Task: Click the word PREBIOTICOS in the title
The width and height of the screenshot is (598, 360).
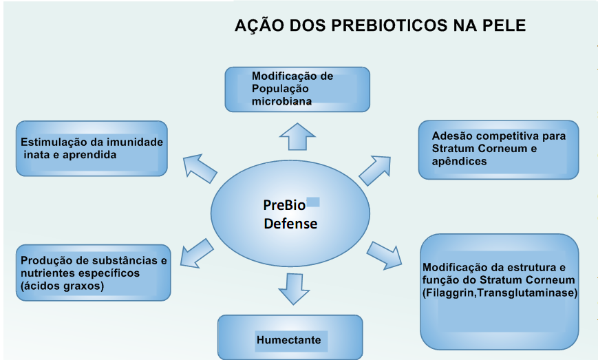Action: (x=389, y=25)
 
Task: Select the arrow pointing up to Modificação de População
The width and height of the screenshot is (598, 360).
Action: (x=297, y=136)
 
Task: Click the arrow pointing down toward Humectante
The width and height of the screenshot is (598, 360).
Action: (x=294, y=288)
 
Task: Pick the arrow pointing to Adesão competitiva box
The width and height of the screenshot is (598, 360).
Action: (x=376, y=170)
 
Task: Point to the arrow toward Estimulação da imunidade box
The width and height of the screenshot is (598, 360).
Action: (x=199, y=168)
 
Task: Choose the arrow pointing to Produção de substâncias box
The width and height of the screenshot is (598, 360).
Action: (x=196, y=253)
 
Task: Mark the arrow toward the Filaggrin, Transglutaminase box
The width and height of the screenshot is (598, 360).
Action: (x=385, y=255)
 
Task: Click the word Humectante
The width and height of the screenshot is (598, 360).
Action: (x=289, y=340)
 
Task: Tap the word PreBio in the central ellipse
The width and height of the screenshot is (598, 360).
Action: (x=284, y=205)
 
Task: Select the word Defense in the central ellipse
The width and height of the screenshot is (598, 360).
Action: (x=290, y=224)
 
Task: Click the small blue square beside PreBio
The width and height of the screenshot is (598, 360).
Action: (x=313, y=202)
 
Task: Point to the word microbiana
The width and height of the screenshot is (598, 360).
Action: (x=282, y=101)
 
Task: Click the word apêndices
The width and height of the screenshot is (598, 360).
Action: (x=459, y=162)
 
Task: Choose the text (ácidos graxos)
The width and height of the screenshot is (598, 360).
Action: (x=62, y=286)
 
